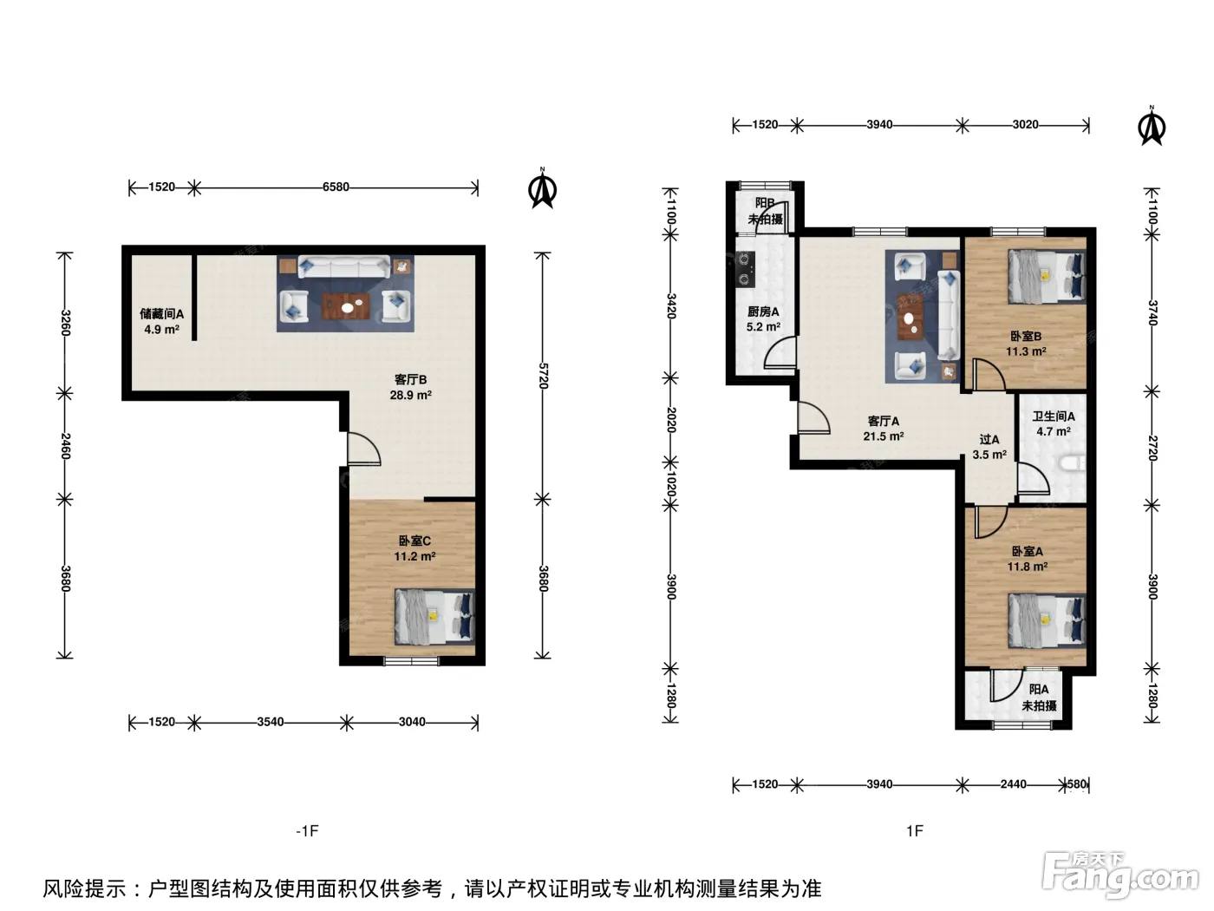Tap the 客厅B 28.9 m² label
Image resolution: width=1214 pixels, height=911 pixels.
coord(410,387)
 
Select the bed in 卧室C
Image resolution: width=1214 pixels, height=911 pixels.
coord(434,617)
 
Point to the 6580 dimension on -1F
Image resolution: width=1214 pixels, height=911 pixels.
coord(336,187)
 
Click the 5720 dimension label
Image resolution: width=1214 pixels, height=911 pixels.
coord(543,376)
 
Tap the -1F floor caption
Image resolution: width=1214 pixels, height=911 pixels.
coord(308,831)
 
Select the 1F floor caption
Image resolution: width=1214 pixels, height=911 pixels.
coord(915,831)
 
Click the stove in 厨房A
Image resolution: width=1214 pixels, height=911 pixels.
coord(744,269)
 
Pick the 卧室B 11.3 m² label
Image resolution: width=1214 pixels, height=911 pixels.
coord(1026,344)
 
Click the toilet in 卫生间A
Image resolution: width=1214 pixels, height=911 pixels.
coord(1073,463)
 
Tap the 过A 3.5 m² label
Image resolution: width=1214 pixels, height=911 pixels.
coord(989,447)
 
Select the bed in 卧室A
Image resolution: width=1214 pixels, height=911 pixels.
coord(1047,620)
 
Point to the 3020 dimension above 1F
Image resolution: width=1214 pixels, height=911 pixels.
coord(1026,125)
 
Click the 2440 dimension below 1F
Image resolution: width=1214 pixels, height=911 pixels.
coord(1013,783)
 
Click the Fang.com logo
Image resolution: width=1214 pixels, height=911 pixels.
coord(1120,876)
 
